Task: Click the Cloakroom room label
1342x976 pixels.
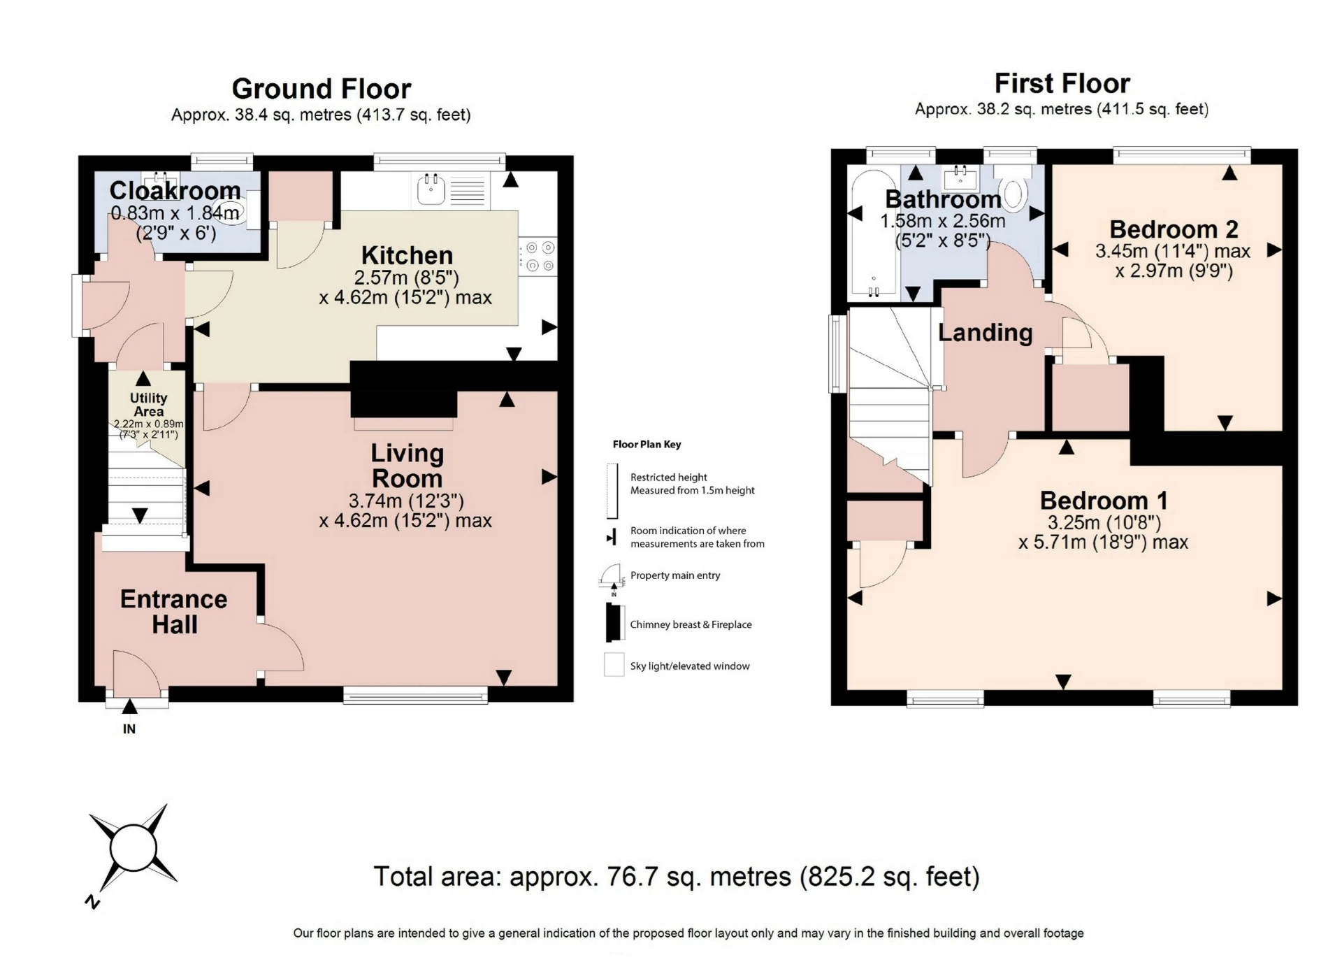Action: pyautogui.click(x=175, y=190)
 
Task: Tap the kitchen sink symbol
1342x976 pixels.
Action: pyautogui.click(x=431, y=189)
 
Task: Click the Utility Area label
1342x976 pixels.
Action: pyautogui.click(x=148, y=405)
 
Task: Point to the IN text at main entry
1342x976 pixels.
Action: pyautogui.click(x=129, y=729)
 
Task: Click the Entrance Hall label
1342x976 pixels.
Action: pyautogui.click(x=173, y=612)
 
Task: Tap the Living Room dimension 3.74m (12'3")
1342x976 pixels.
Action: pyautogui.click(x=406, y=501)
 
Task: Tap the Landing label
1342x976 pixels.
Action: pyautogui.click(x=985, y=333)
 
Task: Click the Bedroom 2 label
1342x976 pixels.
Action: pyautogui.click(x=1174, y=229)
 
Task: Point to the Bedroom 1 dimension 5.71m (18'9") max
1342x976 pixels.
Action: pyautogui.click(x=1103, y=542)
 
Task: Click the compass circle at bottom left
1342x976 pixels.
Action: pyautogui.click(x=132, y=848)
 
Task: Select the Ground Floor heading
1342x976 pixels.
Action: pyautogui.click(x=321, y=89)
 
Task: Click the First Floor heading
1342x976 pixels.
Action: pyautogui.click(x=1062, y=84)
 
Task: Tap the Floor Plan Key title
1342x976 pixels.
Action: pyautogui.click(x=647, y=444)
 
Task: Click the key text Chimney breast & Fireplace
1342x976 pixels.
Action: pyautogui.click(x=691, y=624)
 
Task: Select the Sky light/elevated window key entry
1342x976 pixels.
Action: pyautogui.click(x=689, y=666)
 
